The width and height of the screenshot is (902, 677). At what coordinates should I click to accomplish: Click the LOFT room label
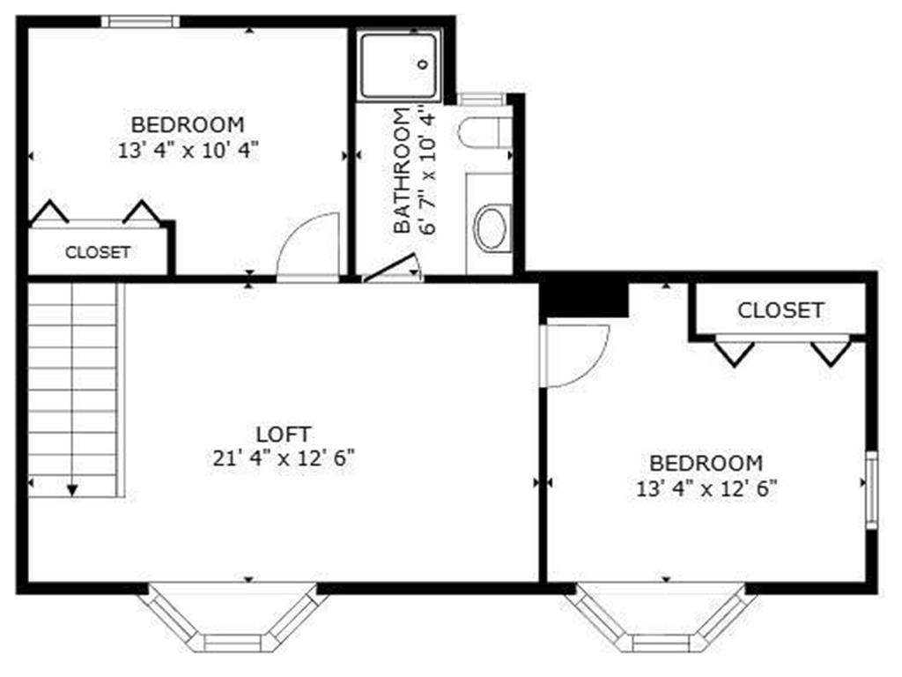click(x=283, y=434)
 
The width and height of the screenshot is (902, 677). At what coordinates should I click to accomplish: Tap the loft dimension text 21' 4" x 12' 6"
click(x=284, y=458)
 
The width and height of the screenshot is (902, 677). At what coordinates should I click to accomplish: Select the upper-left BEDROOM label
click(x=188, y=123)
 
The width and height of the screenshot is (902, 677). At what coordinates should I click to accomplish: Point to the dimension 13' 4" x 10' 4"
click(x=188, y=149)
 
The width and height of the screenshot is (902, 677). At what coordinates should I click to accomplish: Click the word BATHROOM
click(x=402, y=171)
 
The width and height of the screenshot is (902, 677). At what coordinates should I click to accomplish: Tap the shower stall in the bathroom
click(x=398, y=66)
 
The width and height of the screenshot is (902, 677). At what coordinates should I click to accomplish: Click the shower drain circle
click(x=422, y=63)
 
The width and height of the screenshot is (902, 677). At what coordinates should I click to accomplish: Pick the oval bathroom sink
click(x=491, y=227)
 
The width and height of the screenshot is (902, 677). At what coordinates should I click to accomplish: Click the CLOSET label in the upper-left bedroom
click(x=98, y=252)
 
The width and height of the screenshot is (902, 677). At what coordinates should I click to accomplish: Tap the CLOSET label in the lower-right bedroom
click(x=780, y=310)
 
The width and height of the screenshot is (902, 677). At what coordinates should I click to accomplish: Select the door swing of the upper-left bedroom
click(x=309, y=247)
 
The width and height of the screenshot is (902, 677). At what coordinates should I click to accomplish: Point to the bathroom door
click(x=391, y=269)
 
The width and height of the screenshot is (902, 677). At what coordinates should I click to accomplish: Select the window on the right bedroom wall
click(x=871, y=489)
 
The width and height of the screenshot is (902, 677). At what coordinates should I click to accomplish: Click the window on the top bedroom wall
click(x=140, y=21)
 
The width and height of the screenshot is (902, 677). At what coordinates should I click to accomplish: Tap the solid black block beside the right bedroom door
click(x=583, y=296)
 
